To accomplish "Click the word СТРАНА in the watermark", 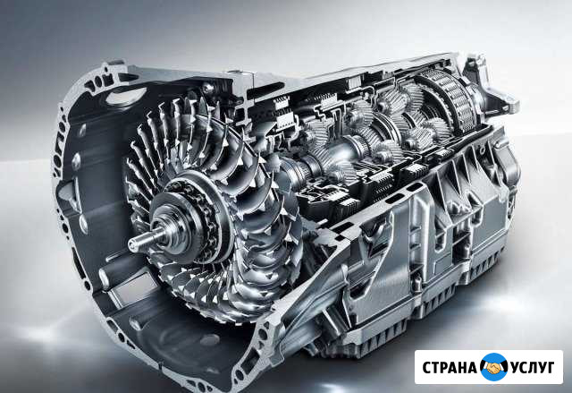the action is [x=450, y=367].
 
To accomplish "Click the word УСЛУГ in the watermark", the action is [x=533, y=367].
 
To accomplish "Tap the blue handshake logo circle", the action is [x=493, y=367].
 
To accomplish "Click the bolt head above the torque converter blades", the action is [x=208, y=88].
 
